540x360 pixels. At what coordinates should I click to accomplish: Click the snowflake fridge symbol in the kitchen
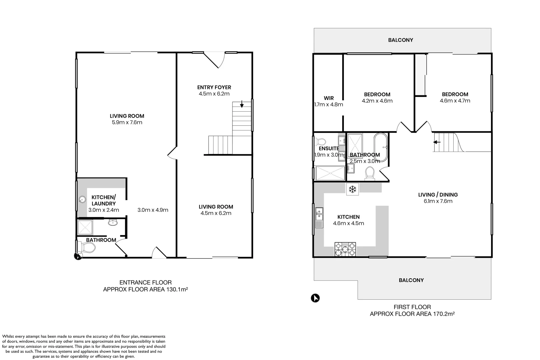coord(352,190)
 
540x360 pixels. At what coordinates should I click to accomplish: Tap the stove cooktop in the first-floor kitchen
coord(345,249)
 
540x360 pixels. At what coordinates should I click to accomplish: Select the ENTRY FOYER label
coord(214,87)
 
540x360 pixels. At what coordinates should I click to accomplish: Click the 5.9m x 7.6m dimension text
coord(127,122)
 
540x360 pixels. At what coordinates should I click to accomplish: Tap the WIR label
coord(329,98)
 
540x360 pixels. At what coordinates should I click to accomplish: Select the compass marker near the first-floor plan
coord(315,298)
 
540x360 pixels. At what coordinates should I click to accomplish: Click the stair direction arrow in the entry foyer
coord(242,104)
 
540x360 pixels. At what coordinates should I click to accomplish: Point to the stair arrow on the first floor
coord(437,142)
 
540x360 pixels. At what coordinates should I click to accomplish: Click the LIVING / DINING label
coord(438,195)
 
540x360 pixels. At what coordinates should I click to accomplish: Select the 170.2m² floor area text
coord(444,314)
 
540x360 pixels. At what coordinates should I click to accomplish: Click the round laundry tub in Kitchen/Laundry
coord(82,200)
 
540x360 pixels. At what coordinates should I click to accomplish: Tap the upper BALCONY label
coord(400,40)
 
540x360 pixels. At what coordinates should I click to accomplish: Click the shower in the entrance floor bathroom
coord(85,227)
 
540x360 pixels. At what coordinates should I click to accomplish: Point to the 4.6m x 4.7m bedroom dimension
coord(455,101)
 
